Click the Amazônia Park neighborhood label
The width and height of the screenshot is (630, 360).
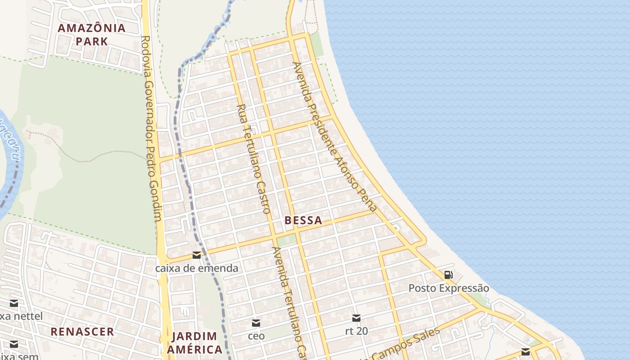(x=92, y=35)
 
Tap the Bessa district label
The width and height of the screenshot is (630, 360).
(x=303, y=220)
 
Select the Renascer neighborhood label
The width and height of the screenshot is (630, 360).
(x=82, y=332)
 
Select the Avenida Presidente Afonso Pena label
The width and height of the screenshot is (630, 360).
(x=334, y=137)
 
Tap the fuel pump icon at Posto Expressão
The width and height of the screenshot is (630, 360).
(x=448, y=274)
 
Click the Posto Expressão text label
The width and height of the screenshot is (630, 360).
(x=449, y=288)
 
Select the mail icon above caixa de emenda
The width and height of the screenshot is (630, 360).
(x=197, y=256)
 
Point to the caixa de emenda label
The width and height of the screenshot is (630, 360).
(x=197, y=268)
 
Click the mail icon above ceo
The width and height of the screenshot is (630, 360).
(x=256, y=323)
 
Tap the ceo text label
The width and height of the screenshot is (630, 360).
(x=256, y=336)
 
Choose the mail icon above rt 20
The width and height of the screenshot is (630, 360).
(x=356, y=318)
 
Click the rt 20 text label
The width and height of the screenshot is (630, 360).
(x=356, y=331)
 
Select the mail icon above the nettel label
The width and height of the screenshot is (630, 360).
(x=14, y=303)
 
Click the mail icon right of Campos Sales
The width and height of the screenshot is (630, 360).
(x=526, y=351)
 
